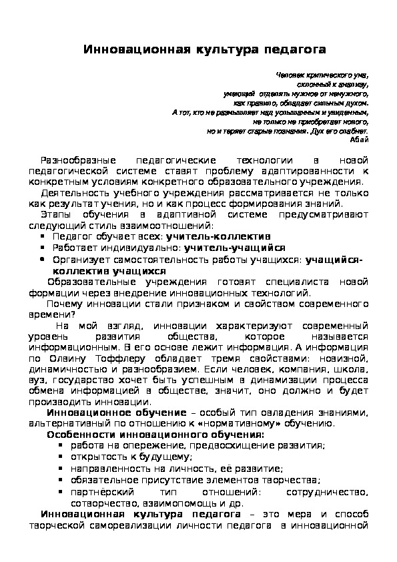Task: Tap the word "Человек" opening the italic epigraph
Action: click(x=289, y=75)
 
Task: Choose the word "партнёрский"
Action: click(x=95, y=493)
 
